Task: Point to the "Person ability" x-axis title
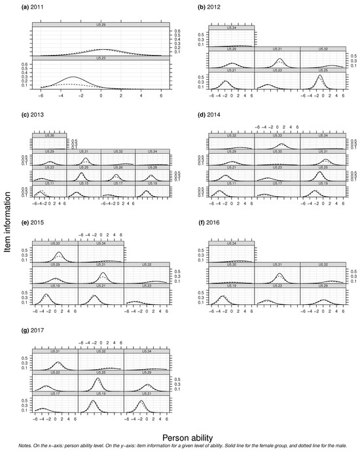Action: click(179, 433)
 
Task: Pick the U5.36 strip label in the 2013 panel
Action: click(49, 135)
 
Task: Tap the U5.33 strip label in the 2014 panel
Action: click(277, 135)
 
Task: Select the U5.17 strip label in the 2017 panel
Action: click(54, 395)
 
